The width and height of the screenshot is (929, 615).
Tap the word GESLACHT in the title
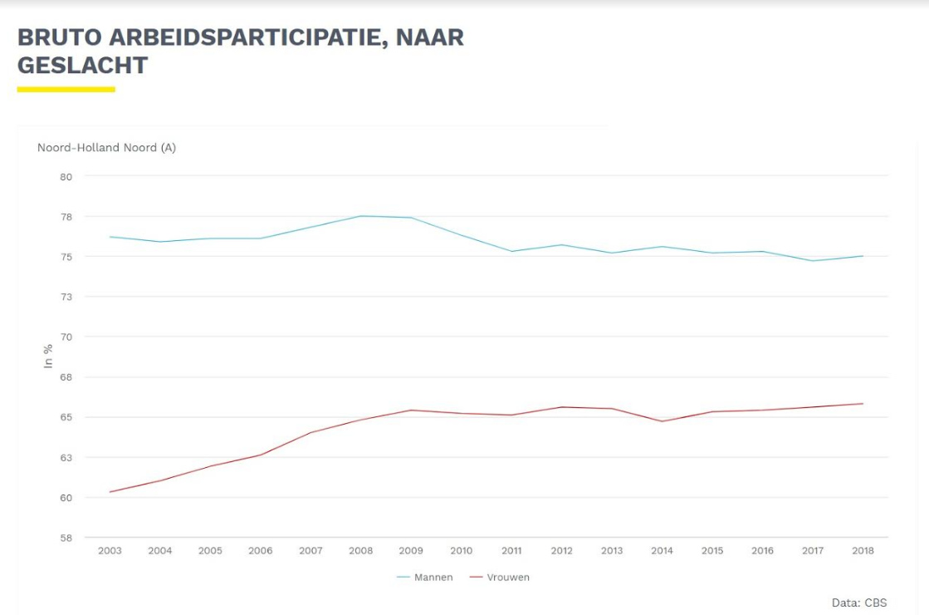click(x=82, y=66)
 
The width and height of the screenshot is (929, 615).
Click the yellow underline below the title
click(x=66, y=89)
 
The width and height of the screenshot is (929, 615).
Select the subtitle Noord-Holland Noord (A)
click(x=106, y=148)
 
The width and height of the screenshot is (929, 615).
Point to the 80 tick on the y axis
click(x=66, y=176)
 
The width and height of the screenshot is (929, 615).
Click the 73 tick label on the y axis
click(x=66, y=297)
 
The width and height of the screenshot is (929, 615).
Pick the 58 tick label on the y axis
click(x=66, y=538)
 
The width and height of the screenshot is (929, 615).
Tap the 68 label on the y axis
click(x=66, y=377)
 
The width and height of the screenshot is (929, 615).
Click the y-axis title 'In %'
click(x=48, y=357)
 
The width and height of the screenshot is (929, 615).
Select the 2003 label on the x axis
click(x=110, y=551)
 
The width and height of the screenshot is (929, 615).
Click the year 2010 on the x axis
click(x=461, y=551)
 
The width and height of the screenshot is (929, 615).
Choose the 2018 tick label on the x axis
click(x=863, y=551)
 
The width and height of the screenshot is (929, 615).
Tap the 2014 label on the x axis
click(x=662, y=551)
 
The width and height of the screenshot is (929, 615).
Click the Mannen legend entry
click(x=424, y=578)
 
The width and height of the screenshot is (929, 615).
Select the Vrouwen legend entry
click(x=500, y=578)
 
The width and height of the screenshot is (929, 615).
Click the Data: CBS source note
click(x=858, y=603)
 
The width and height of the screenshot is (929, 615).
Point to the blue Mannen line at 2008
click(x=361, y=216)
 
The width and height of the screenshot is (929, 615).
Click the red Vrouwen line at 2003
click(x=110, y=492)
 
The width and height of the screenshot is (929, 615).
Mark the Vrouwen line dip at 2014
click(x=662, y=421)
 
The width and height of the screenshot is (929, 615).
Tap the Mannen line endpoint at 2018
click(x=863, y=256)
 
